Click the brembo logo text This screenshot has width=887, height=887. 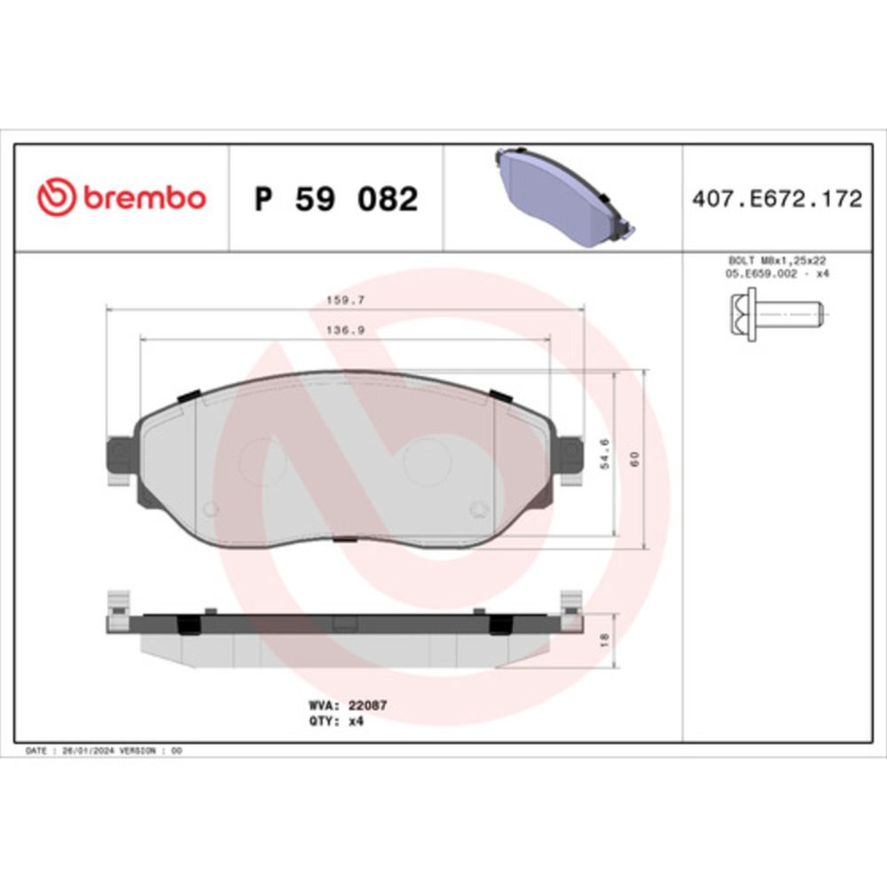[145, 198]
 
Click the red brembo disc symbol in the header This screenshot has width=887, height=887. [56, 198]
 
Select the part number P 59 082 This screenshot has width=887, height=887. [336, 199]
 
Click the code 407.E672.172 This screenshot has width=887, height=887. [777, 199]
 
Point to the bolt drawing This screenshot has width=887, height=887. [777, 313]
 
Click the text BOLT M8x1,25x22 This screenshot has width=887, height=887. [777, 261]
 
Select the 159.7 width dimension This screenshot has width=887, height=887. [345, 301]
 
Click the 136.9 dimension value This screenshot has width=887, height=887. [345, 330]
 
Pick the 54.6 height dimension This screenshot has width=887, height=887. [605, 453]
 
